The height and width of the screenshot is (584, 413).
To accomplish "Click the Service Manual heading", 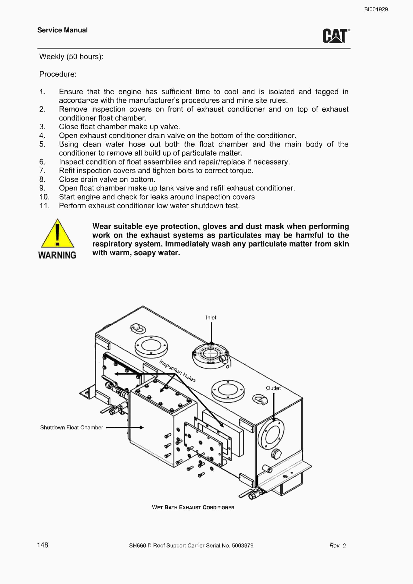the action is [62, 30].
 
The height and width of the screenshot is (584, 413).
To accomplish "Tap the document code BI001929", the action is [376, 9].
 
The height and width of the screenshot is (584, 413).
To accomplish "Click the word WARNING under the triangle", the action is [57, 255].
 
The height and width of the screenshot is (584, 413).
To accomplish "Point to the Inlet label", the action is [211, 317].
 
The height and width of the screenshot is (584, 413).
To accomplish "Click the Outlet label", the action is [273, 388].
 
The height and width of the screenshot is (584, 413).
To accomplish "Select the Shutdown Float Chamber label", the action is [71, 427].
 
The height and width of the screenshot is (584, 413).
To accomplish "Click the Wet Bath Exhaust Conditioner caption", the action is [193, 507].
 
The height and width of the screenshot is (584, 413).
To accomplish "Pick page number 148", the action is [42, 545].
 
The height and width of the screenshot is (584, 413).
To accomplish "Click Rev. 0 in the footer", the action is [337, 545].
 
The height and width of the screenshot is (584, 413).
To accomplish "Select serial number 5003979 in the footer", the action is [242, 545].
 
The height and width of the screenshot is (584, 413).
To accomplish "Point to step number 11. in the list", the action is [45, 205].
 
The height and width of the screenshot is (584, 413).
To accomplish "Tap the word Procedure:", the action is [58, 74].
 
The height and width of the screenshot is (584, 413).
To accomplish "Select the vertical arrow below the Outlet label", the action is [274, 407].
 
